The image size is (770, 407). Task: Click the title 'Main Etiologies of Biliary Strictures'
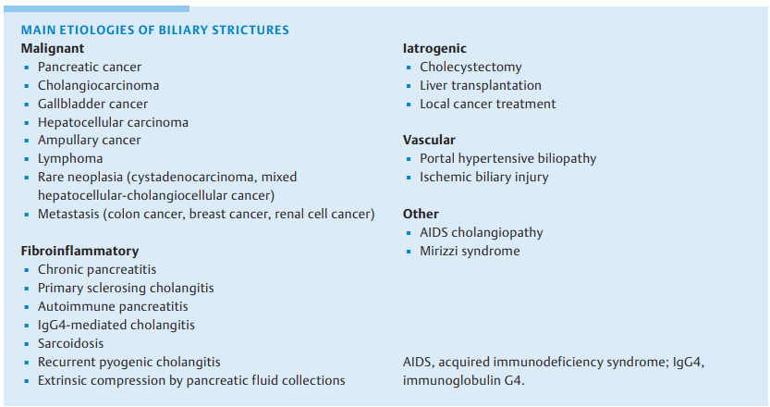coord(154,31)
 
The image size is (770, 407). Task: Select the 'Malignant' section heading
coord(53,48)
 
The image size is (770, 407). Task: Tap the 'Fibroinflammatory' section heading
coord(79,251)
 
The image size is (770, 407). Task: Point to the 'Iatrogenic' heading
coord(434,48)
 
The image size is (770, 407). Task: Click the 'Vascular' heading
coord(429,140)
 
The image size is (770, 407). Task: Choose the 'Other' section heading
coord(421,214)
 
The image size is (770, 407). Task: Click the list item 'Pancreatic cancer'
coord(90,67)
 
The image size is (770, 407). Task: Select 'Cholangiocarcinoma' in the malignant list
coord(98,85)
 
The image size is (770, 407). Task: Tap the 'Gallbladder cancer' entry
coord(92,104)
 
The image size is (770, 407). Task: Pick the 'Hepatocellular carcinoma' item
coord(113,122)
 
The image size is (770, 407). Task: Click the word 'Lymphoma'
coord(70,159)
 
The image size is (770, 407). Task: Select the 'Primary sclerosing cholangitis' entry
coord(126,288)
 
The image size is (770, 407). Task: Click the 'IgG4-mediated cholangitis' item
coord(116,325)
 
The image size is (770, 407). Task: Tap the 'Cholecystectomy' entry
coord(471,67)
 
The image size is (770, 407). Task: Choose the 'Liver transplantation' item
coord(481,85)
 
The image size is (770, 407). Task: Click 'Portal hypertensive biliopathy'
coord(507,158)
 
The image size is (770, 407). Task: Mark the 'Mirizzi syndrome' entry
coord(470,251)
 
